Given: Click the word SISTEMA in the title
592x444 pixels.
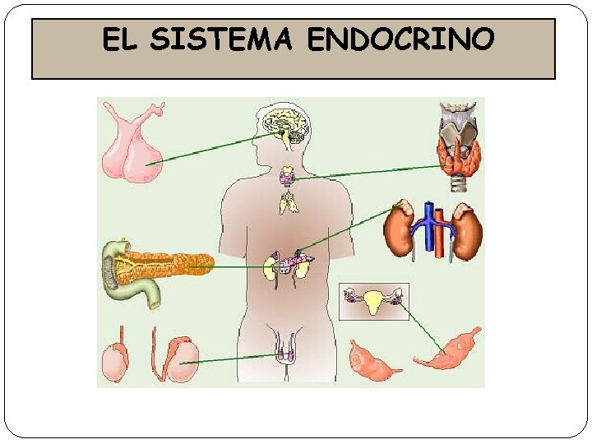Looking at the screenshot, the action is coord(222,39).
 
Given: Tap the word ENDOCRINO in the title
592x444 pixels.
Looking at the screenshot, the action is coord(401,39).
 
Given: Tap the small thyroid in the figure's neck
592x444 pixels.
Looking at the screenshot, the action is coord(288,175).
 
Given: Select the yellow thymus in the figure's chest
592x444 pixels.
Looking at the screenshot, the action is coord(288,202).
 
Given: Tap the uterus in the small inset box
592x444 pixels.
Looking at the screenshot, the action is coord(374,303).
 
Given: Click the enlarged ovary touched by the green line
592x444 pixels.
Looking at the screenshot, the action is coord(451,349).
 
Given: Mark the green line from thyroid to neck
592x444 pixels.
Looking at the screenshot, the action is coord(370,172).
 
